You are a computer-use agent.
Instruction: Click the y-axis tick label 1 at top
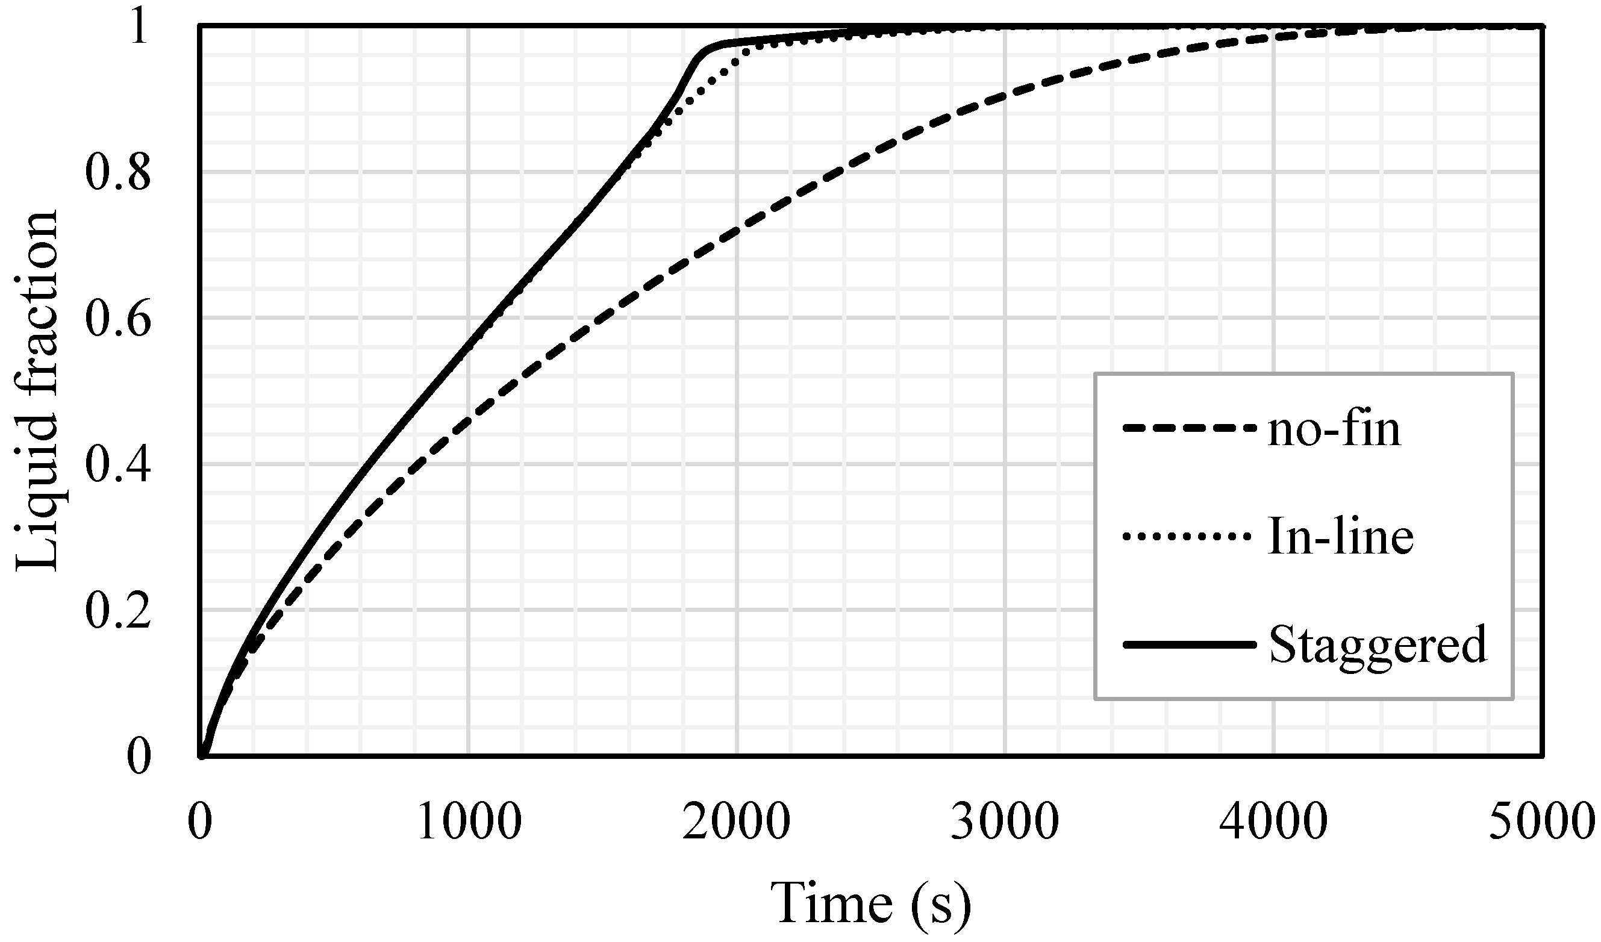point(139,28)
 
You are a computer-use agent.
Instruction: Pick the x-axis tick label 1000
point(469,822)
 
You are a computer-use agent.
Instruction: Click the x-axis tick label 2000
point(737,822)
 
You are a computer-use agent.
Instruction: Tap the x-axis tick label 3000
point(1005,822)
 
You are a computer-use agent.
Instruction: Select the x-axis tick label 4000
point(1274,822)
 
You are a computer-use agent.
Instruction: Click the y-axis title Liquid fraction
point(37,391)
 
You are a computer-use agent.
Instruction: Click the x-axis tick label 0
point(200,822)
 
